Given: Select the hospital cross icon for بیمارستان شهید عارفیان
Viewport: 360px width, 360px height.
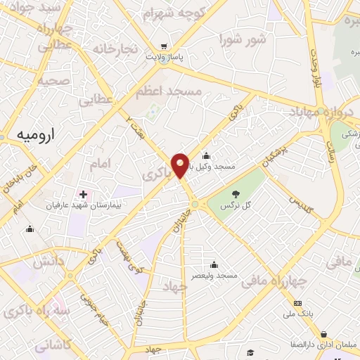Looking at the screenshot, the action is coord(84,193).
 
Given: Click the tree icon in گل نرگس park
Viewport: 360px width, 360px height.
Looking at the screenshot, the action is coord(234,194).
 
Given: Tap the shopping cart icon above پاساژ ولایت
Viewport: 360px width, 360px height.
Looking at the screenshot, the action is coord(164,44).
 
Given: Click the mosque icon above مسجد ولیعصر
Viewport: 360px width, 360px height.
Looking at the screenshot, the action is coord(214,264).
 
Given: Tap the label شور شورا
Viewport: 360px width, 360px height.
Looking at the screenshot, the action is coord(243,39).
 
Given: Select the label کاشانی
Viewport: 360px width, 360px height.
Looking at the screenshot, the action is coord(52,345).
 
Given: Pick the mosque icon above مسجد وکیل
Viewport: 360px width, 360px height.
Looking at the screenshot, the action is coord(205,156).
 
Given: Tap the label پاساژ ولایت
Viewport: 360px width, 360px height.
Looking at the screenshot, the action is coord(164,57).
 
